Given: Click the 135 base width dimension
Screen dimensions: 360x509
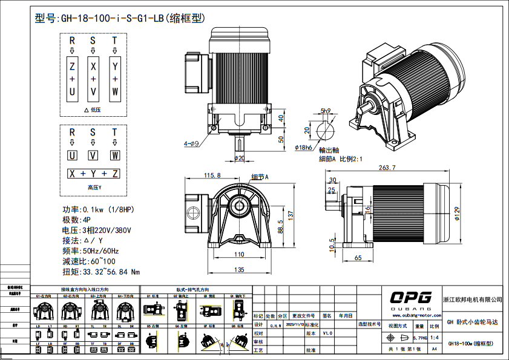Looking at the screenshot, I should click(240, 270).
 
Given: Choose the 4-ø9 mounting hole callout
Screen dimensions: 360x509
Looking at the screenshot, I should click(191, 144).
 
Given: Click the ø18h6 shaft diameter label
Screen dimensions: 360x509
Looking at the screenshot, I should click(303, 148).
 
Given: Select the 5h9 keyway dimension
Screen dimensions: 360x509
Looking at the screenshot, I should click(326, 111).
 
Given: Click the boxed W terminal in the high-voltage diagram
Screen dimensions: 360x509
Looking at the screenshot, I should click(114, 155).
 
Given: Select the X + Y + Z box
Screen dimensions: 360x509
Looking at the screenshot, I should click(93, 174).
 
